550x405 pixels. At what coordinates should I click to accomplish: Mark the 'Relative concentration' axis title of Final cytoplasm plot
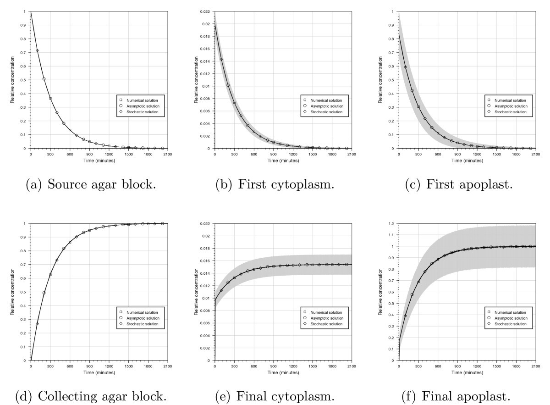[197, 292]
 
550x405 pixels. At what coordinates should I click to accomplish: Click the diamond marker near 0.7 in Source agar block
[38, 50]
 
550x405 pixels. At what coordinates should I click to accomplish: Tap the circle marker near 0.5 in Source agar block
[44, 79]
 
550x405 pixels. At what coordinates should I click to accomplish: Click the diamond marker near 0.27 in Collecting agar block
[38, 324]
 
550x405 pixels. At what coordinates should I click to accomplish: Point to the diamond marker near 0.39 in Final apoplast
[405, 316]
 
